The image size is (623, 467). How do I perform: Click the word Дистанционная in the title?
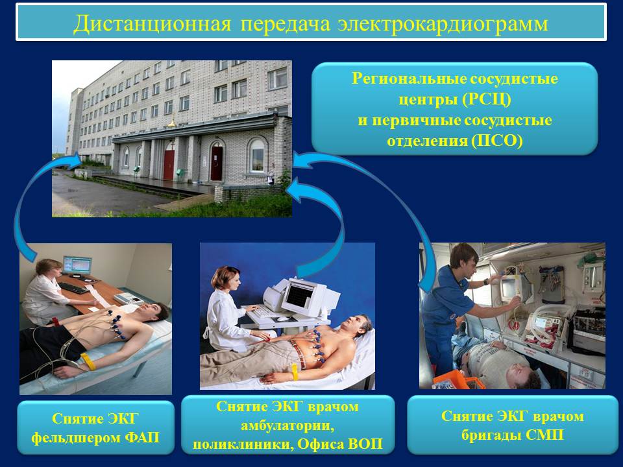click(152, 23)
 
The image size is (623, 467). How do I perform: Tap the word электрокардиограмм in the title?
click(443, 24)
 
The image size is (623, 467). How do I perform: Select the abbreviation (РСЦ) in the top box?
click(486, 99)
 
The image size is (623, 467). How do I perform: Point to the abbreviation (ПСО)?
click(497, 141)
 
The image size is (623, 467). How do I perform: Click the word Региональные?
click(408, 79)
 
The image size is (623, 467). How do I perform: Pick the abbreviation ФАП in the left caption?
click(142, 438)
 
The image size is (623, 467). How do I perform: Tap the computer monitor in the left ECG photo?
click(77, 265)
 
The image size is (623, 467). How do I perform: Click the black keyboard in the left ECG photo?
click(73, 288)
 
